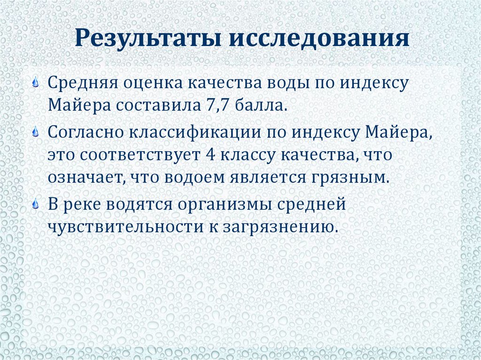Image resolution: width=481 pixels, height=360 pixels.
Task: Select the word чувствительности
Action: click(x=121, y=226)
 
